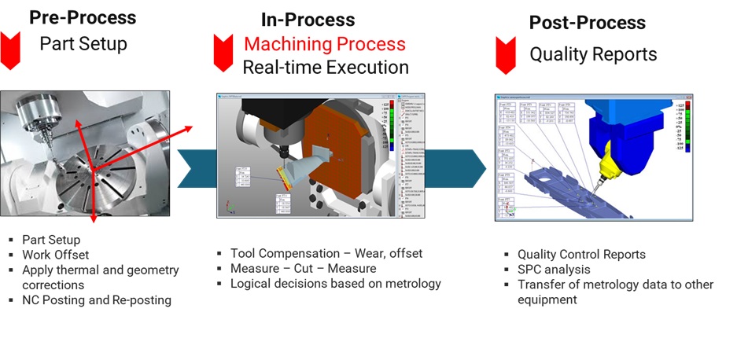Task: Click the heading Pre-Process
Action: [83, 17]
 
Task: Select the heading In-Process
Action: [308, 20]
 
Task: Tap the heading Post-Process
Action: [587, 23]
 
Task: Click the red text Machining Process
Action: [324, 44]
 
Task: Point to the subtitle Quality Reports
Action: [593, 54]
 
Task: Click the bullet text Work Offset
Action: [56, 255]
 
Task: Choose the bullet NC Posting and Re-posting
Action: [97, 299]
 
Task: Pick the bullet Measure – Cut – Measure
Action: [303, 268]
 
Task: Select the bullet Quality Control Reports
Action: [581, 255]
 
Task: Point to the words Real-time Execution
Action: [325, 68]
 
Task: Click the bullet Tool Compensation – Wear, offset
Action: [326, 253]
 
